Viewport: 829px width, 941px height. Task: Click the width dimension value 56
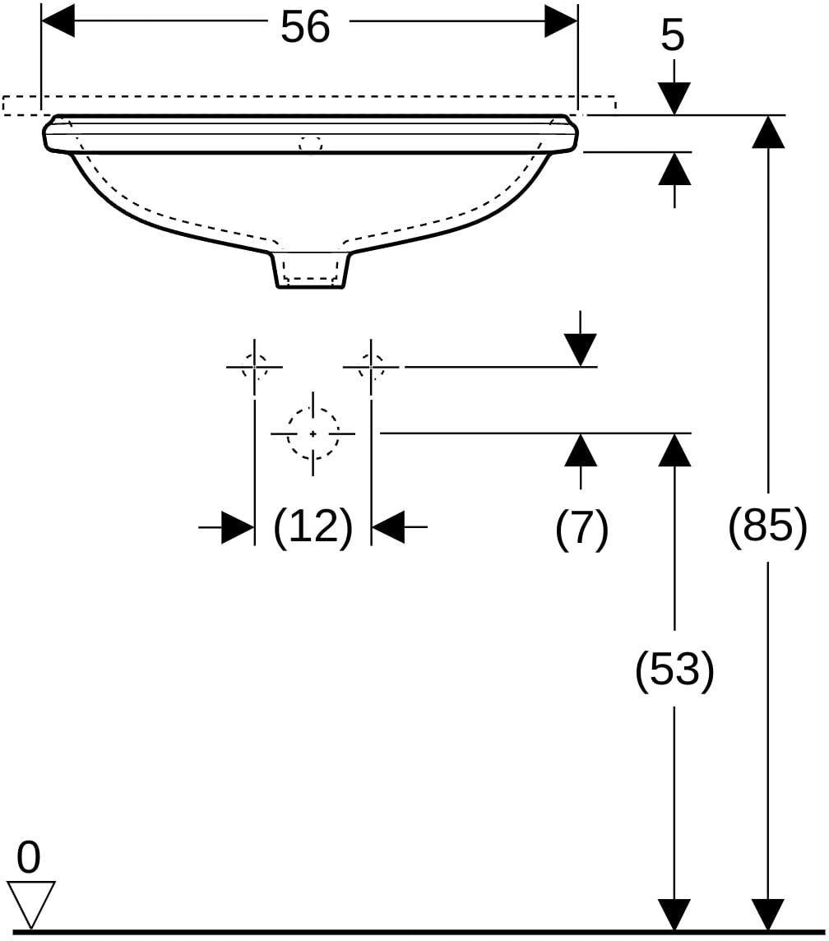tap(305, 27)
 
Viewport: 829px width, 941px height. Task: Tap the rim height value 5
tap(673, 36)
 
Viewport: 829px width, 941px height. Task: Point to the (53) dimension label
tap(675, 670)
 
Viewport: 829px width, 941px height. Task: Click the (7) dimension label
tap(581, 528)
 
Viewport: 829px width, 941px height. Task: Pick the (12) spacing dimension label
tap(313, 527)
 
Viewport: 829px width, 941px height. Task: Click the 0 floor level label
tap(29, 857)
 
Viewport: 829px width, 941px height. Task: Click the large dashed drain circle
tap(313, 433)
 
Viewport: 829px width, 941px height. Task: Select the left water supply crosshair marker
tap(254, 366)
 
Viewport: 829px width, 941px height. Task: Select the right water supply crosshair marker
tap(371, 366)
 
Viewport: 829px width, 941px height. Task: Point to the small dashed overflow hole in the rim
tap(310, 144)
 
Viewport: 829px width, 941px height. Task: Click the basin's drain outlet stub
tap(311, 270)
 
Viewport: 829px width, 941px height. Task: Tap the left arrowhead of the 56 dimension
tap(58, 21)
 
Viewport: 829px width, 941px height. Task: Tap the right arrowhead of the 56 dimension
tap(561, 21)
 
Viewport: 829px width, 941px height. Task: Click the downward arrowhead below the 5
tap(675, 98)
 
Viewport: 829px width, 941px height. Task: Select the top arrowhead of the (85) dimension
tap(768, 131)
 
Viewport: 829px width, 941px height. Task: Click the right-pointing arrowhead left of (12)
tap(239, 527)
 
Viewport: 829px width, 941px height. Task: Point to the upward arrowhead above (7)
tap(581, 449)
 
